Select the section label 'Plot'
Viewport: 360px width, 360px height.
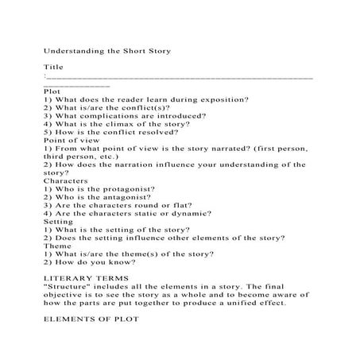point(52,91)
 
